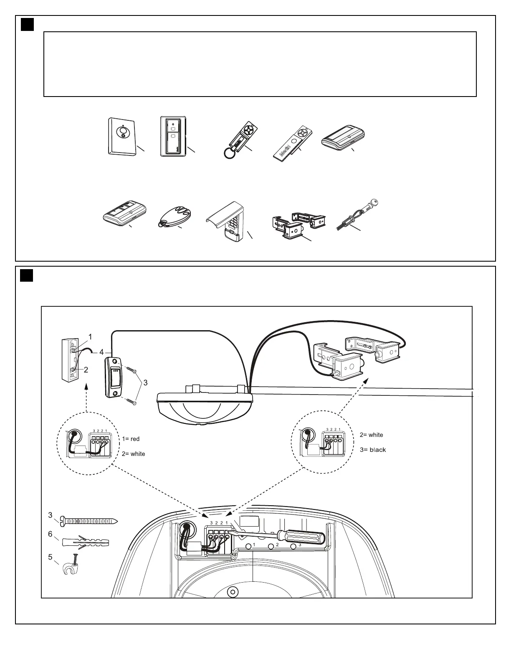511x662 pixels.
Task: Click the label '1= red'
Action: coord(131,439)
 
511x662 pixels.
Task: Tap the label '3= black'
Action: coord(372,450)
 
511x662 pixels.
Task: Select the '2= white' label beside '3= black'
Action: coord(371,435)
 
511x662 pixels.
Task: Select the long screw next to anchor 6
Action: coord(90,521)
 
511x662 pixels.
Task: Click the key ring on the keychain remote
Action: coord(229,154)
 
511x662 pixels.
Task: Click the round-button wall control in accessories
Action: coord(122,137)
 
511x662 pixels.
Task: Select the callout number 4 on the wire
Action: coord(101,352)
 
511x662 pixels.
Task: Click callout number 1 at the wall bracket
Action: coord(91,336)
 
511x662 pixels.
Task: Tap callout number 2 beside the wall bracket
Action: coord(86,369)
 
